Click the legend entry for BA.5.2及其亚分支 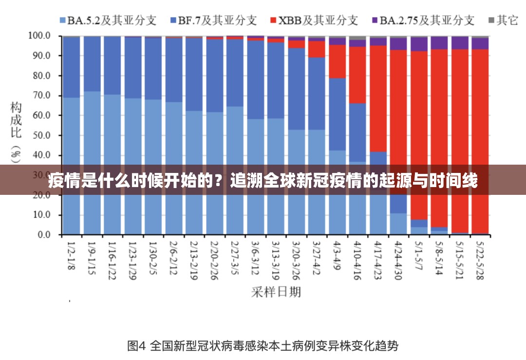(108, 20)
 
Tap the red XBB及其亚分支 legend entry (314, 20)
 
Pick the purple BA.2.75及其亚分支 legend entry (422, 20)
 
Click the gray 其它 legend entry (503, 20)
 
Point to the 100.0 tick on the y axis (39, 36)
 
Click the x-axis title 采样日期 (276, 292)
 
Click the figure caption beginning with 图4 (263, 346)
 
